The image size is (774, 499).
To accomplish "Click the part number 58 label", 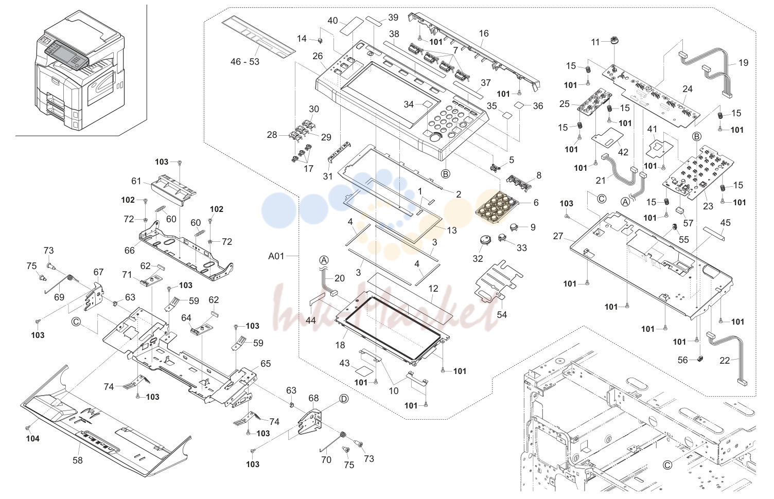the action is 77,460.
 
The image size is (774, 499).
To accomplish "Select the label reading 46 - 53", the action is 244,62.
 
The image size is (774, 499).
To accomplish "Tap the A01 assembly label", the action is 276,256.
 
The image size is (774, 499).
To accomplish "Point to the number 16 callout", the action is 484,33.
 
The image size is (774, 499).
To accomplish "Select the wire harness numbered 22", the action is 726,359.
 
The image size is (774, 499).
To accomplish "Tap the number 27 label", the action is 558,236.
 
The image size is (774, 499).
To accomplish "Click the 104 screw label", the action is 33,439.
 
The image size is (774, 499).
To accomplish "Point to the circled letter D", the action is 344,399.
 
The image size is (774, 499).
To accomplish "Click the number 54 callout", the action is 502,315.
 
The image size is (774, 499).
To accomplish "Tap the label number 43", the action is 344,363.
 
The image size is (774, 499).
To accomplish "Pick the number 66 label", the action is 130,251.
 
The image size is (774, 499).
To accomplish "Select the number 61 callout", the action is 136,181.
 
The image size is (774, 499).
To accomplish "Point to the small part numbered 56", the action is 699,359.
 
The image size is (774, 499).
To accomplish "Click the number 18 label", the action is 340,345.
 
